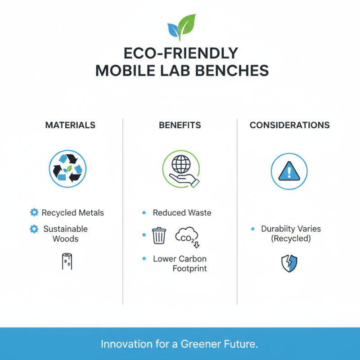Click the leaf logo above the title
pyautogui.click(x=181, y=27)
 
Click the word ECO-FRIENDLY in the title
pyautogui.click(x=180, y=54)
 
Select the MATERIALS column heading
pyautogui.click(x=70, y=125)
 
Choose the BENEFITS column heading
pyautogui.click(x=180, y=125)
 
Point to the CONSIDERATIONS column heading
pyautogui.click(x=289, y=125)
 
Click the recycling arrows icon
pyautogui.click(x=67, y=169)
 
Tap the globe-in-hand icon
pyautogui.click(x=180, y=169)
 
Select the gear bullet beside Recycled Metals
pyautogui.click(x=33, y=212)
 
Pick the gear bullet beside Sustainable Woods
pyautogui.click(x=33, y=229)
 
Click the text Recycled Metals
pyautogui.click(x=72, y=212)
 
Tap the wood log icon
pyautogui.click(x=67, y=261)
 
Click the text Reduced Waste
pyautogui.click(x=182, y=212)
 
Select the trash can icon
pyautogui.click(x=159, y=235)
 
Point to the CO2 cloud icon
pyautogui.click(x=187, y=236)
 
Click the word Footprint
pyautogui.click(x=189, y=269)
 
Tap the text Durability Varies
pyautogui.click(x=291, y=229)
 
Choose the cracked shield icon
pyautogui.click(x=288, y=263)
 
